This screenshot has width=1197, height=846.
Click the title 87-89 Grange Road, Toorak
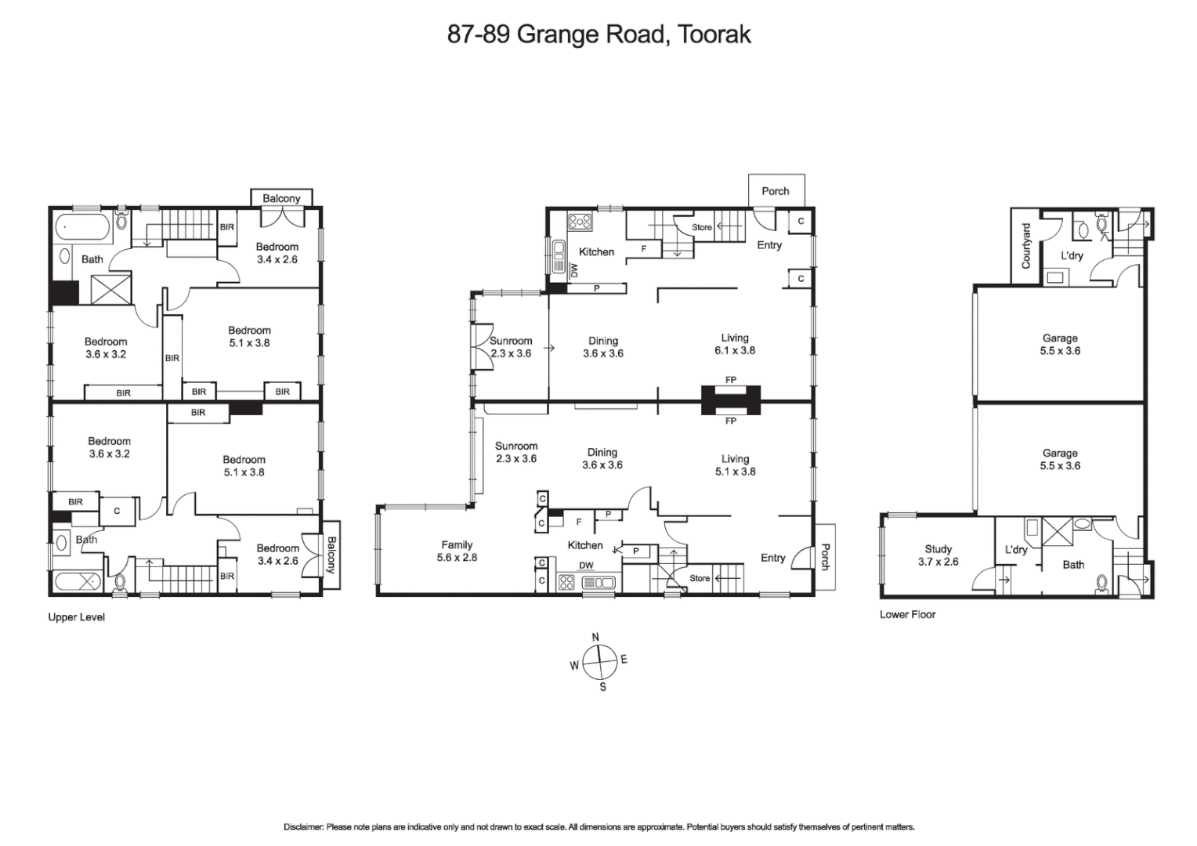pyautogui.click(x=598, y=34)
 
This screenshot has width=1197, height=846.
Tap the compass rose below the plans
pyautogui.click(x=598, y=662)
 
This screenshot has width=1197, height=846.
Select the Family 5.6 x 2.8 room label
pyautogui.click(x=457, y=551)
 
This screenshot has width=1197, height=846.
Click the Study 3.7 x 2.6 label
pyautogui.click(x=938, y=555)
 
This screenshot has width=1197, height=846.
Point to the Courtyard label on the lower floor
pyautogui.click(x=1026, y=245)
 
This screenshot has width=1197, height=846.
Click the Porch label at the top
pyautogui.click(x=776, y=191)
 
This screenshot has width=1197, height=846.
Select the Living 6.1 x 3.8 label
pyautogui.click(x=734, y=344)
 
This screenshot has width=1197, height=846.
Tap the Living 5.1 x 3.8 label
pyautogui.click(x=734, y=465)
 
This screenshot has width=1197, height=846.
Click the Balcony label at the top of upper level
pyautogui.click(x=281, y=198)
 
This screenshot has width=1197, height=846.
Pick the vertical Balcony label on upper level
pyautogui.click(x=330, y=554)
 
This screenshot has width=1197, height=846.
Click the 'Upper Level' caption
pyautogui.click(x=76, y=617)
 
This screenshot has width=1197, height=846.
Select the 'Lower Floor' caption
pyautogui.click(x=907, y=614)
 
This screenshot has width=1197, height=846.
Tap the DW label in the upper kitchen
pyautogui.click(x=574, y=270)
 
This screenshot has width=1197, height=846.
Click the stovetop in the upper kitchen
pyautogui.click(x=580, y=222)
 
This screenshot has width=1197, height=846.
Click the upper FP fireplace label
pyautogui.click(x=730, y=380)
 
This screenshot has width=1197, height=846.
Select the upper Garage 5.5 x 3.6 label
pyautogui.click(x=1059, y=345)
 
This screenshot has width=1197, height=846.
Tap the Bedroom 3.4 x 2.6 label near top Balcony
pyautogui.click(x=277, y=253)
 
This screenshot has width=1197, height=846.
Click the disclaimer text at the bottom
pyautogui.click(x=598, y=826)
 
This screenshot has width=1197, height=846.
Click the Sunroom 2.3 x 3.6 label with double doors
pyautogui.click(x=511, y=347)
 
